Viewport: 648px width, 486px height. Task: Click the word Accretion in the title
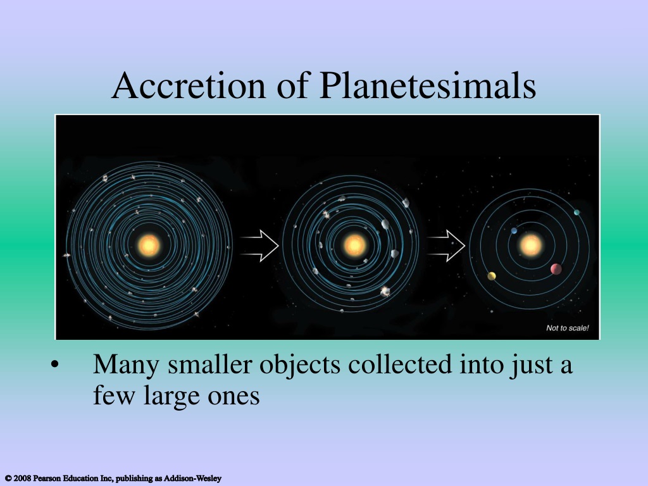[x=189, y=85]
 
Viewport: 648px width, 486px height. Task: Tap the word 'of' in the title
[x=292, y=85]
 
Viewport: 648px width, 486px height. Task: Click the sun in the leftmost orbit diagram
[x=149, y=245]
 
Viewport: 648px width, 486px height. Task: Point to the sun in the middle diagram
[x=354, y=245]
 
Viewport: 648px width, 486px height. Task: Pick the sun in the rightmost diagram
[x=531, y=245]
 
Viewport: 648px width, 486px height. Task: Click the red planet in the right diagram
[x=556, y=269]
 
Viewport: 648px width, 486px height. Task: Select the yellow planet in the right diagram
[x=492, y=276]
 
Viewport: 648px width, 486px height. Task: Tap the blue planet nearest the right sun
[x=514, y=230]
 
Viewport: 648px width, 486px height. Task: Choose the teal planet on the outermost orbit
[x=576, y=213]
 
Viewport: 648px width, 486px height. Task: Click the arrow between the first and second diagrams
[x=259, y=246]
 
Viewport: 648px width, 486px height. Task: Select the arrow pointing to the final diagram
[x=445, y=246]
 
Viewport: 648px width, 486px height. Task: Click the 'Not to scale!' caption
[x=568, y=328]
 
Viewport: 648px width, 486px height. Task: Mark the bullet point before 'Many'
[x=54, y=365]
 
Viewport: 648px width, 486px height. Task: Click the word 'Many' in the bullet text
[x=126, y=365]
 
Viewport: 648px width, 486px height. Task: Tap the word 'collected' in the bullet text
[x=400, y=364]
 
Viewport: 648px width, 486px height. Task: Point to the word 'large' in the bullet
[x=171, y=396]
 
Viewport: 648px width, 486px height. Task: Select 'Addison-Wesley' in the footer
[x=192, y=478]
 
